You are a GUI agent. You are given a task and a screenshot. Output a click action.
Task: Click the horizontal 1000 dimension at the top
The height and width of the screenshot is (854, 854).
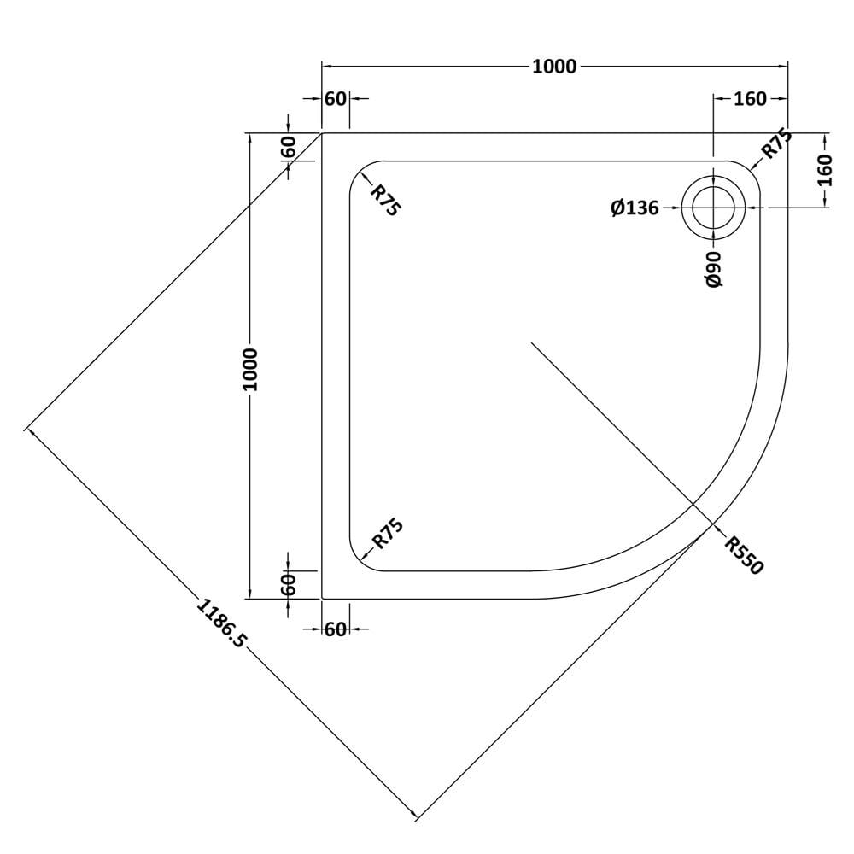point(554,67)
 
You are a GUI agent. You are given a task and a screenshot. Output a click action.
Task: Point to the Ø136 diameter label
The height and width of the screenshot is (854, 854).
point(635,208)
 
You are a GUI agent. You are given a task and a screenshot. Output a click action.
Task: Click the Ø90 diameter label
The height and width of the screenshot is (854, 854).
point(713,269)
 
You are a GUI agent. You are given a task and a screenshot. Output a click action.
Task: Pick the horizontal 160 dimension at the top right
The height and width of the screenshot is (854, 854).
point(750,98)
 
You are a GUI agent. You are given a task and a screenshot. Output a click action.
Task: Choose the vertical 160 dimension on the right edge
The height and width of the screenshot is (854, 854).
point(825,170)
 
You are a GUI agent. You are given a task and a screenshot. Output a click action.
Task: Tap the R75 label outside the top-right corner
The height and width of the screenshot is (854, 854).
point(776,143)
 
